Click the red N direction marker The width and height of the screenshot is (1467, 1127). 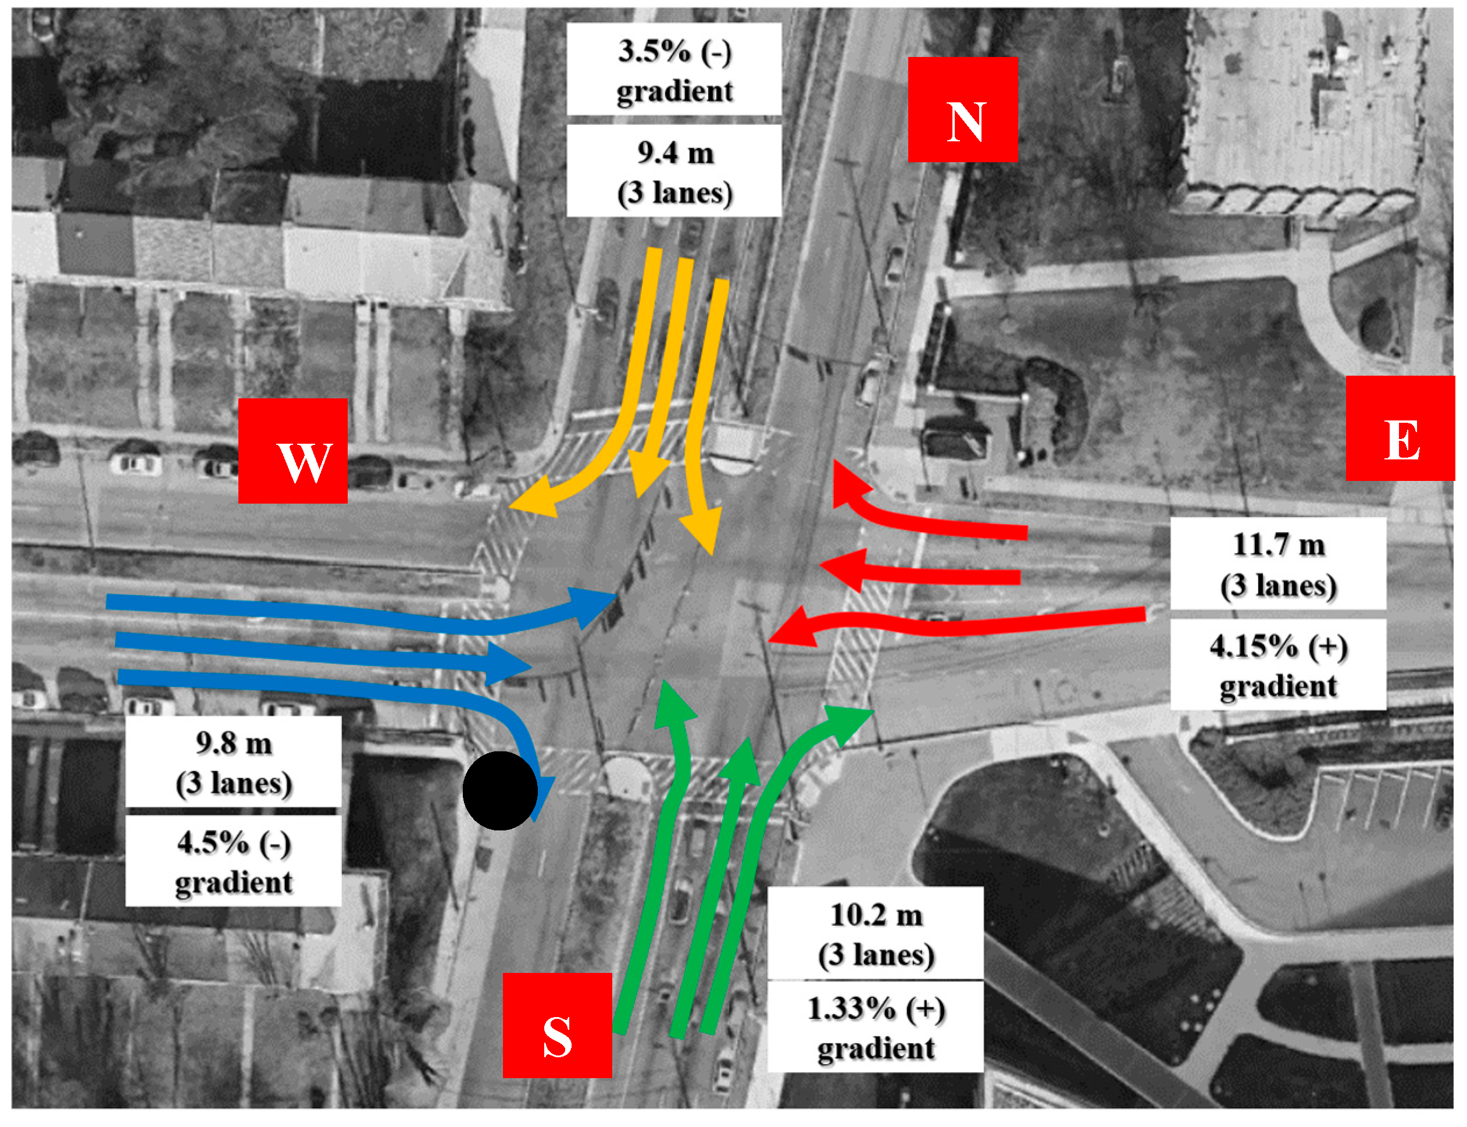[x=962, y=109]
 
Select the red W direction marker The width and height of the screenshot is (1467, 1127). [x=292, y=451]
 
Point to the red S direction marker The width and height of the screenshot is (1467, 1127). [x=557, y=1025]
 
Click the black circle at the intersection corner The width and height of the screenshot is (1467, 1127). [x=499, y=790]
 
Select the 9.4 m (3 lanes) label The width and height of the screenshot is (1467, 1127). [x=673, y=171]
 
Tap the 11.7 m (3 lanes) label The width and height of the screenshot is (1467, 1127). [x=1277, y=563]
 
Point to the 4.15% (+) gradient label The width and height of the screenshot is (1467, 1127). [x=1277, y=665]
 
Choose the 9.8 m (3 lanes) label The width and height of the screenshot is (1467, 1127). [x=233, y=761]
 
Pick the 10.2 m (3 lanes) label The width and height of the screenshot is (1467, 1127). [x=875, y=933]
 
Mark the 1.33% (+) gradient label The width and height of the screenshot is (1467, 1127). [x=875, y=1026]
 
